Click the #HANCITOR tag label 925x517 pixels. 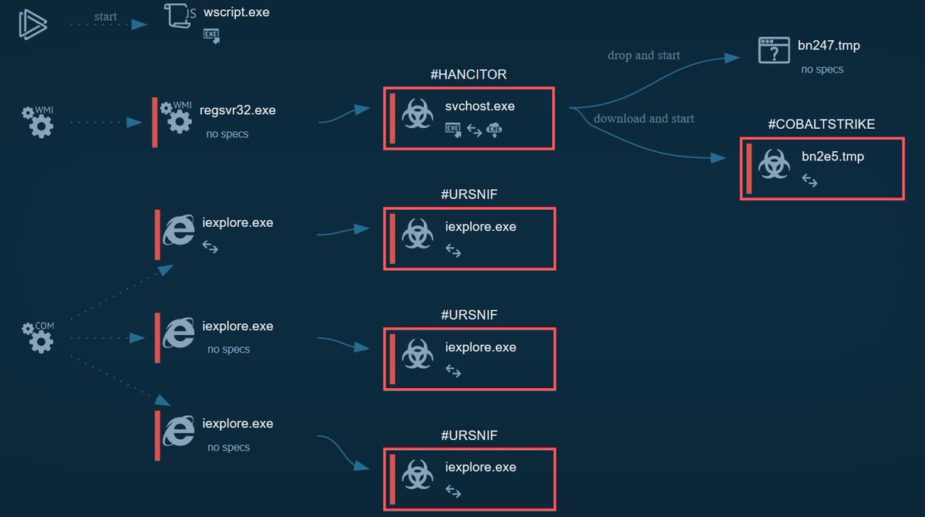pos(469,75)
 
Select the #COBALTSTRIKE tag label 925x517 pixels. pos(822,124)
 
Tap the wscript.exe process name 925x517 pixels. pos(237,12)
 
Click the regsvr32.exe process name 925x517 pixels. pos(237,110)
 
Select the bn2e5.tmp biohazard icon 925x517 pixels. pos(773,164)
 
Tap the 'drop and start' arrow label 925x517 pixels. pos(644,56)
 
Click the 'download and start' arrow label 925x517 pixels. pos(644,119)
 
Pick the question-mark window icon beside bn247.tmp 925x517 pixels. pos(773,52)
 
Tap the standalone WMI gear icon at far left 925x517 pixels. pos(38,122)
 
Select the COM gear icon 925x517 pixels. pos(38,337)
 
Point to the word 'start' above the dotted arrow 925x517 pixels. pos(106,16)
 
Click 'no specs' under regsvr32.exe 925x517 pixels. pos(227,133)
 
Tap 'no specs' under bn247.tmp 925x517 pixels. pos(822,69)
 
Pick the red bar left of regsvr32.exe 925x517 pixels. pos(155,122)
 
